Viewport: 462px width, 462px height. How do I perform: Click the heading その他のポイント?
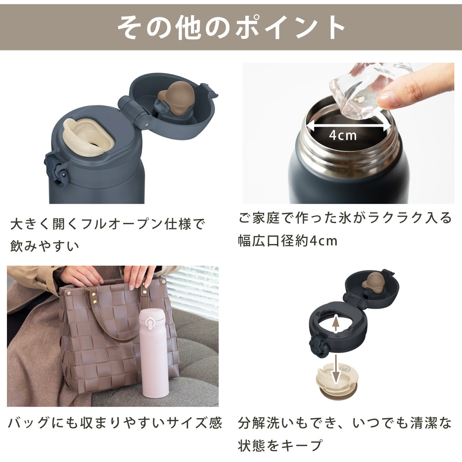coord(231,27)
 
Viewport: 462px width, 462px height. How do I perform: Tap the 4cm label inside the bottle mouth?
coord(343,135)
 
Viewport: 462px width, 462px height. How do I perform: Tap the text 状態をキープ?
coord(280,445)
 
